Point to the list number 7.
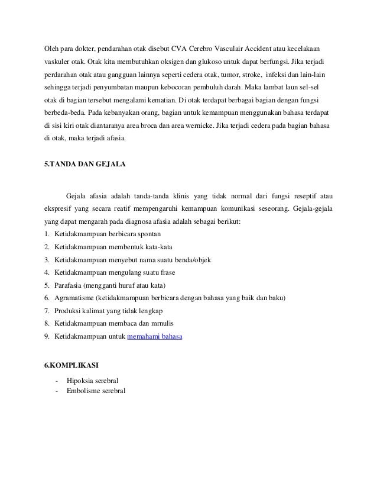(x=47, y=311)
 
